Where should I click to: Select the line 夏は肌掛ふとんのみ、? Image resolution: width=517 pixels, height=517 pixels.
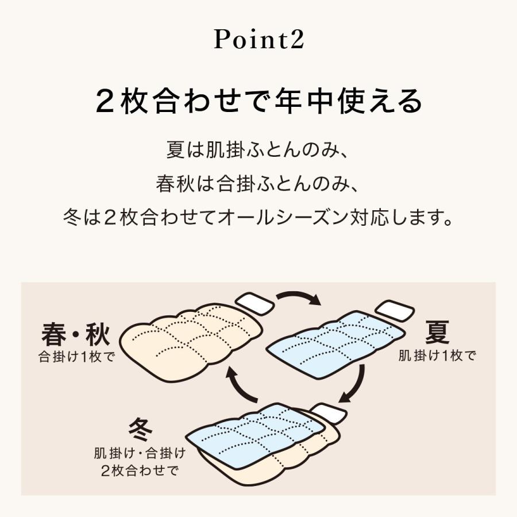258,152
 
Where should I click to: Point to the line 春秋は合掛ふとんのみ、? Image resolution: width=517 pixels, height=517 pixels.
258,185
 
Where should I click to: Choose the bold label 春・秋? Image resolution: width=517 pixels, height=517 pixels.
75,334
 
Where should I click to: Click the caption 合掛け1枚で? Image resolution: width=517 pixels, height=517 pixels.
77,356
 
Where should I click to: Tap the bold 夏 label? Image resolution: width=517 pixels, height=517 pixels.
437,331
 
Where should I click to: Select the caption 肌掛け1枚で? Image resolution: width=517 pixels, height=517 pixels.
438,356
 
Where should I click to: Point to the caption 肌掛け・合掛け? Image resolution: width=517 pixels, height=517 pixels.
140,454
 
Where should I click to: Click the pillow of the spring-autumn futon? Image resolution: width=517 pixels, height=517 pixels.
254,303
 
